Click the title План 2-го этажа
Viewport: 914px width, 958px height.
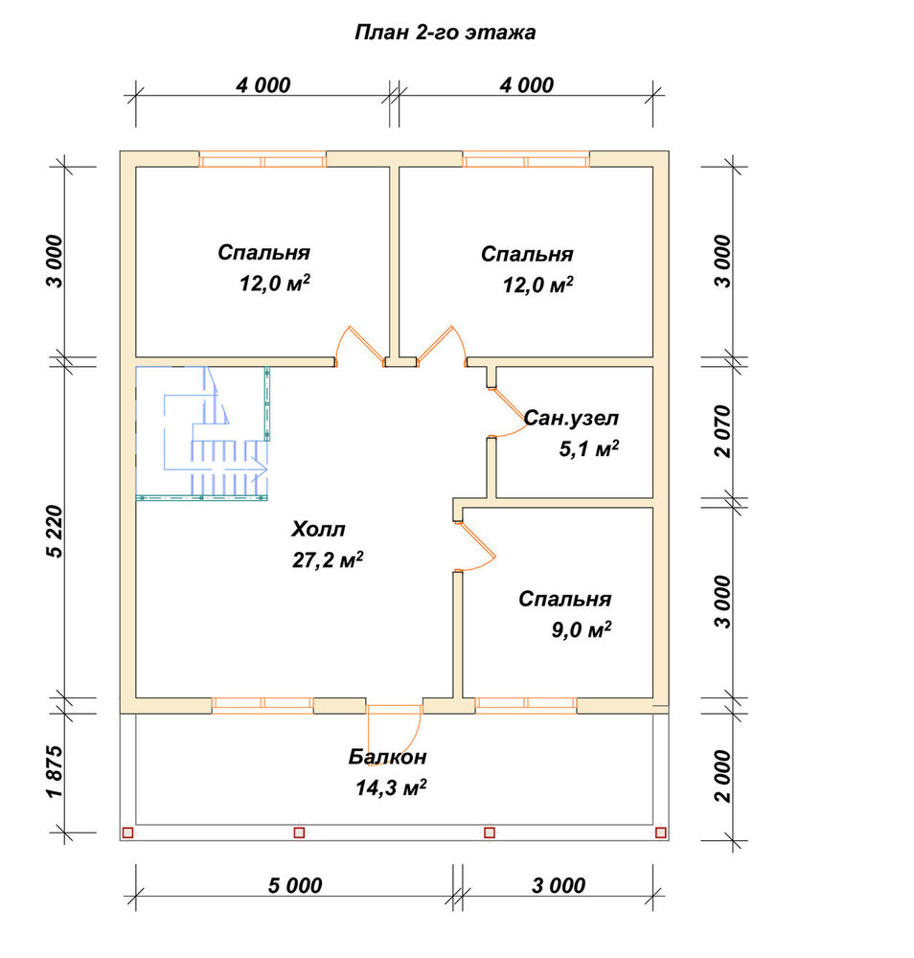pos(445,32)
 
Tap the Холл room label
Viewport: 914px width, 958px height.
pos(318,529)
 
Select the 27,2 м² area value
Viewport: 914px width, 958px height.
pos(328,559)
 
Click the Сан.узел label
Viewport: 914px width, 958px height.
pos(571,418)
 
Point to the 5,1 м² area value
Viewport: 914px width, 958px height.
pos(589,448)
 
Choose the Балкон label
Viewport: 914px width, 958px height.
pos(387,757)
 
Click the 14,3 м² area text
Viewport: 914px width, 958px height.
pos(391,787)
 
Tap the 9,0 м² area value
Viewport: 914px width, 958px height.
pos(582,629)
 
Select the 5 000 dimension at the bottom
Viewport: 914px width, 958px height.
pos(294,885)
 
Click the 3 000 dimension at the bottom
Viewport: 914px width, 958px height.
pos(559,885)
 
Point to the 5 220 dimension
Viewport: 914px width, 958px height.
pos(55,531)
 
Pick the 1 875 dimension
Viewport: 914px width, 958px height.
pos(55,771)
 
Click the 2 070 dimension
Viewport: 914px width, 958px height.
pos(722,431)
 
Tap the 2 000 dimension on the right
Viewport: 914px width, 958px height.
pos(722,776)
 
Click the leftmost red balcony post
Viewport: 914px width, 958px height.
pos(127,833)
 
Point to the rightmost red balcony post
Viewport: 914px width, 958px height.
pos(660,833)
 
